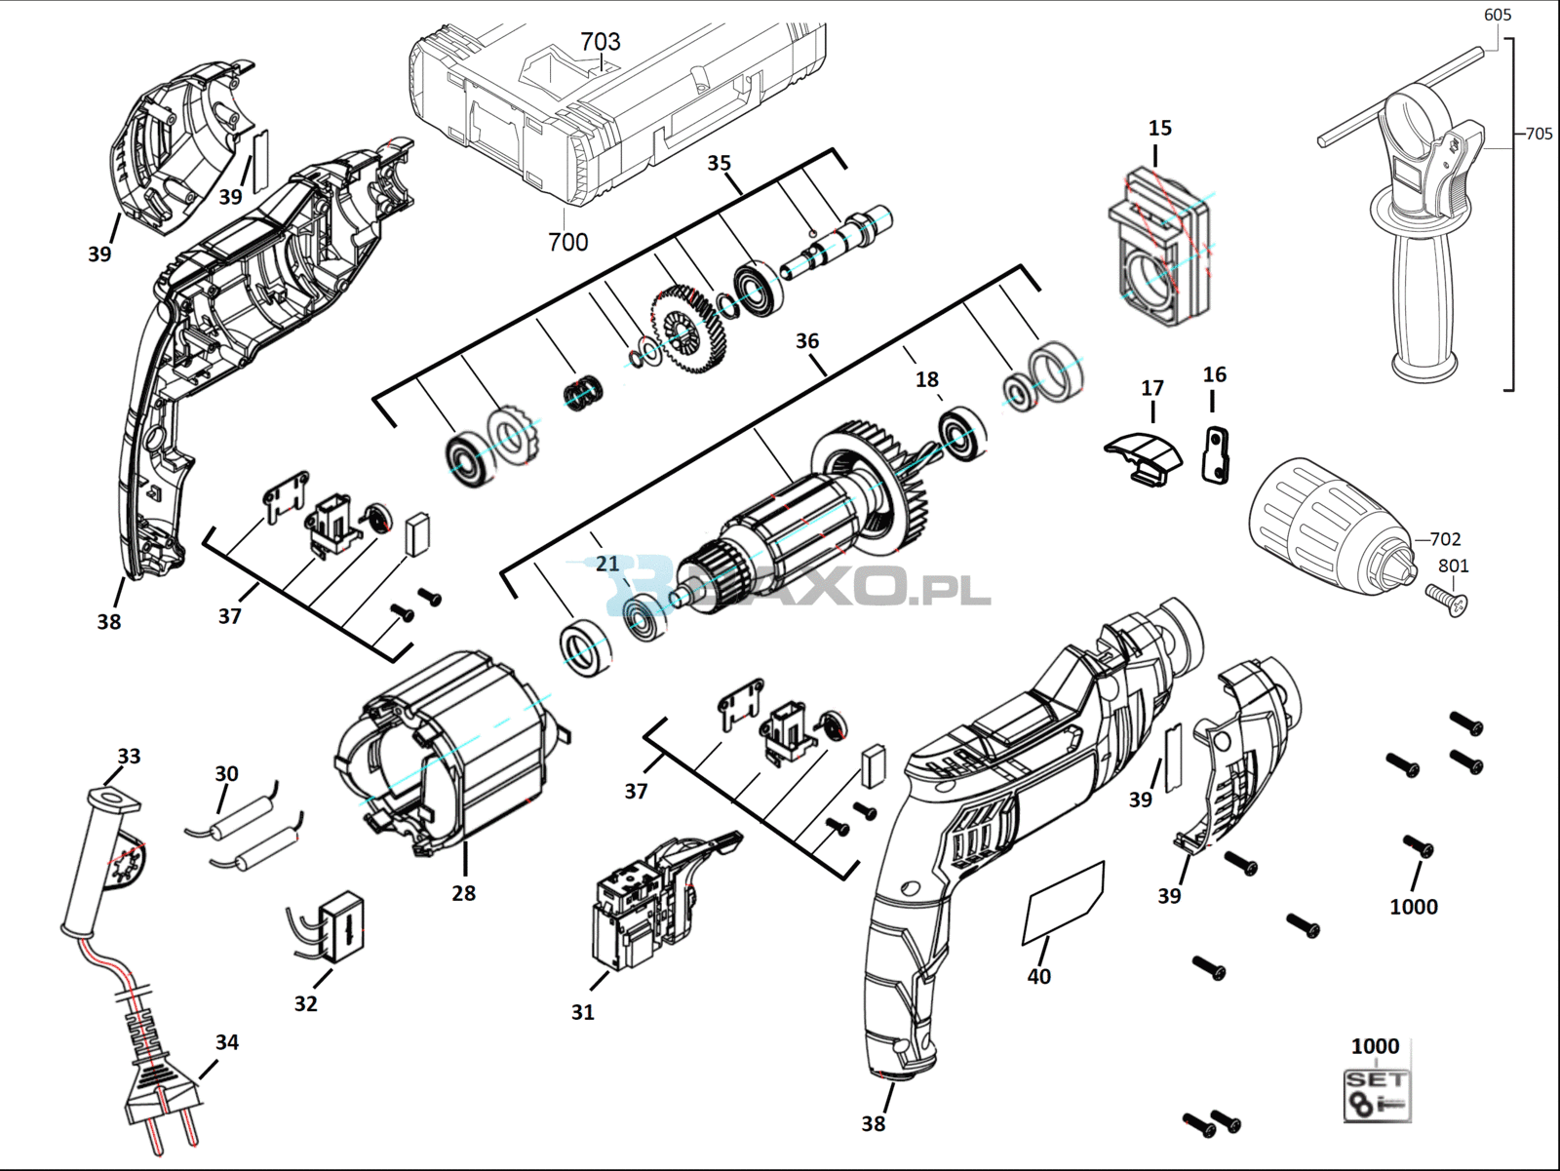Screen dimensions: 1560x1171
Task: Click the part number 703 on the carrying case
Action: (601, 42)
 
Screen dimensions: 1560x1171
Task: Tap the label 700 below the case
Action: (567, 242)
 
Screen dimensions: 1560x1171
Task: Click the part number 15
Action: (1160, 128)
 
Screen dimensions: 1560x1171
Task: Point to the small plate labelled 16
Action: (1216, 454)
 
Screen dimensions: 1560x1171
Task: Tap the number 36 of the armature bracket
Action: (806, 341)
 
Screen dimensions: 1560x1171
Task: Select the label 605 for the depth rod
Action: (1498, 15)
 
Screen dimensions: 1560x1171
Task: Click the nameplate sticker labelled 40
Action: (1063, 903)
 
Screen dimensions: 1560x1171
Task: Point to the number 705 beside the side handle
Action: (1539, 134)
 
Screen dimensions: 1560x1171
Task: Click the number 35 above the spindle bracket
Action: (719, 164)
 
